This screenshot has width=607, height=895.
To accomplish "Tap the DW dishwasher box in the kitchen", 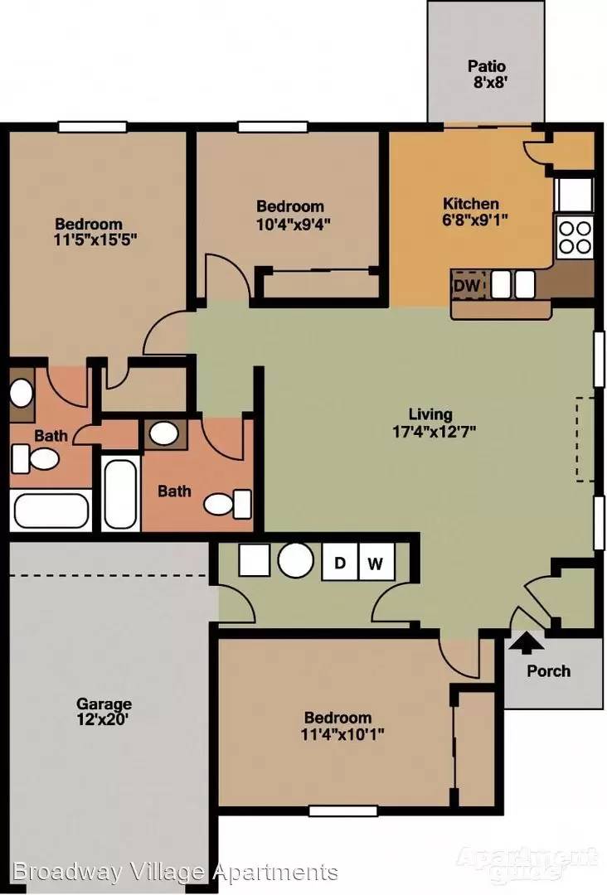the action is pyautogui.click(x=469, y=285).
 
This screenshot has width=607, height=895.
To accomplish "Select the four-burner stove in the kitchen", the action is pyautogui.click(x=575, y=238).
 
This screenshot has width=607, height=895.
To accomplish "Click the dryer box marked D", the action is pyautogui.click(x=340, y=563).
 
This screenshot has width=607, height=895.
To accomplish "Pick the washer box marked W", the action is pyautogui.click(x=376, y=563).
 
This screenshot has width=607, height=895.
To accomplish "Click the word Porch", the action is pyautogui.click(x=548, y=670).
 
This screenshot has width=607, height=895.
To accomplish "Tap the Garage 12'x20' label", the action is pyautogui.click(x=103, y=711).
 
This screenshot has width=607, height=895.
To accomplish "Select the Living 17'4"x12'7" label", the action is pyautogui.click(x=434, y=423).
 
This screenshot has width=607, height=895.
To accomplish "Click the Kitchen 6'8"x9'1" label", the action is pyautogui.click(x=473, y=212).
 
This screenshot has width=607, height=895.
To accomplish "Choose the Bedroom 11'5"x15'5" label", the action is pyautogui.click(x=95, y=232).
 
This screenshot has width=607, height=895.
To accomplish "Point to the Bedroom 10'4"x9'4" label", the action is pyautogui.click(x=293, y=215).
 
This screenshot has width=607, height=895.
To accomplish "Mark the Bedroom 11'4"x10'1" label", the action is pyautogui.click(x=342, y=725).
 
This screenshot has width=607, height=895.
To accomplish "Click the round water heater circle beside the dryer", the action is pyautogui.click(x=296, y=560).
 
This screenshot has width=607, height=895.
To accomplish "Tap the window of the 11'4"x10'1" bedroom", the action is pyautogui.click(x=342, y=810).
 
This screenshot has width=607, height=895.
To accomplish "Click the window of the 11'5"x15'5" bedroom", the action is pyautogui.click(x=93, y=127).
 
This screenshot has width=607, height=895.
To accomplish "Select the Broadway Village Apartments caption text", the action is pyautogui.click(x=175, y=872).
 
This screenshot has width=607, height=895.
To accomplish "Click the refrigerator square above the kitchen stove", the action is pyautogui.click(x=575, y=194).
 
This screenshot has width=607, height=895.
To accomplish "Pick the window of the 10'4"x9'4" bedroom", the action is pyautogui.click(x=273, y=127).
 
